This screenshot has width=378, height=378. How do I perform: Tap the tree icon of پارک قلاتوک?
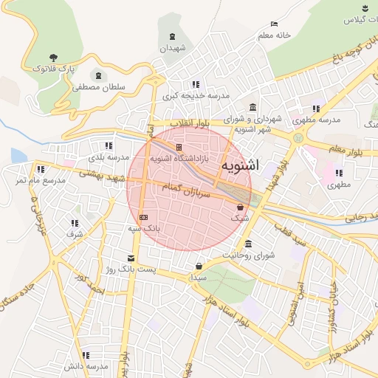(x=53, y=57)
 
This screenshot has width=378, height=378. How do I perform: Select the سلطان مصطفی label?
(x=98, y=87)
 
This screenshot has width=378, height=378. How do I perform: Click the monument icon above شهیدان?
(x=173, y=37)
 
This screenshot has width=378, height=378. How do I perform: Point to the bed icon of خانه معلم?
(x=275, y=24)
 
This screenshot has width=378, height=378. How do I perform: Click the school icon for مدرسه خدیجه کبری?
(x=195, y=84)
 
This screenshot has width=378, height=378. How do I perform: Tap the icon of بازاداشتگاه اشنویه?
(x=179, y=147)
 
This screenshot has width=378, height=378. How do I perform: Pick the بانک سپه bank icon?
(x=143, y=217)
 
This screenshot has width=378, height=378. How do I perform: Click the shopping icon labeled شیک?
(x=241, y=207)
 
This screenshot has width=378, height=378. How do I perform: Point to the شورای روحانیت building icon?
(x=247, y=244)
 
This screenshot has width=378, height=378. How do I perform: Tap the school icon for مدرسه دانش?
(x=86, y=355)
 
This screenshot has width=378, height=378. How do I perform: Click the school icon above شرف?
(x=75, y=222)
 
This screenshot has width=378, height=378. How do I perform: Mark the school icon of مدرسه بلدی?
(x=109, y=145)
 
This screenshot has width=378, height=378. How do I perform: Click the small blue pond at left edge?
(x=18, y=155)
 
